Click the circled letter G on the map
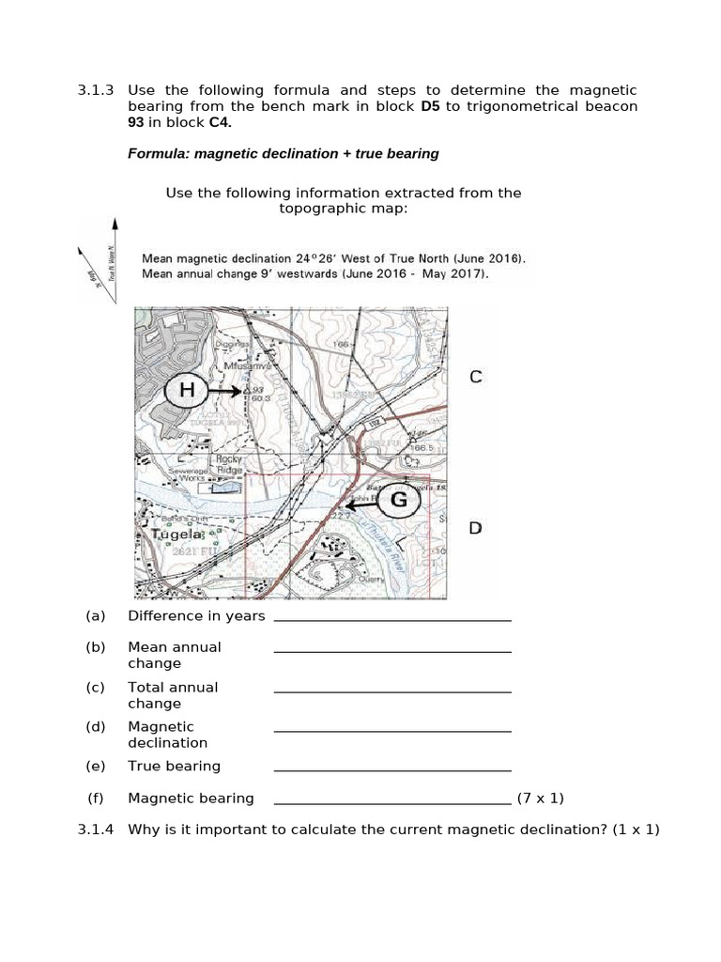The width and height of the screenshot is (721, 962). tap(399, 501)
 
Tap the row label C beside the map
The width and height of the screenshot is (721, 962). tap(475, 378)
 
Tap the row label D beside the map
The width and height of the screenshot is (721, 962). tap(475, 528)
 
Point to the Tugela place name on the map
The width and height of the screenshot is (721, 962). tap(176, 534)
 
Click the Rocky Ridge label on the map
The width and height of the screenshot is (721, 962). tap(230, 463)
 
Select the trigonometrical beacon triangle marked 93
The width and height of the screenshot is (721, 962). tap(246, 390)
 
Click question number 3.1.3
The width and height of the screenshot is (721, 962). tap(95, 90)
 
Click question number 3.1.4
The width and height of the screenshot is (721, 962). tap(95, 830)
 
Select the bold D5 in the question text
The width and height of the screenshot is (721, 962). tap(430, 106)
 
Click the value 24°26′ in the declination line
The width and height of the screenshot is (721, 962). tap(316, 257)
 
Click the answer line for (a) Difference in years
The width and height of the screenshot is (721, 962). tap(392, 619)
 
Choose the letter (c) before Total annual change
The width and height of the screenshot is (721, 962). tap(95, 687)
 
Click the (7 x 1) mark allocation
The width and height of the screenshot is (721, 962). tap(541, 798)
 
